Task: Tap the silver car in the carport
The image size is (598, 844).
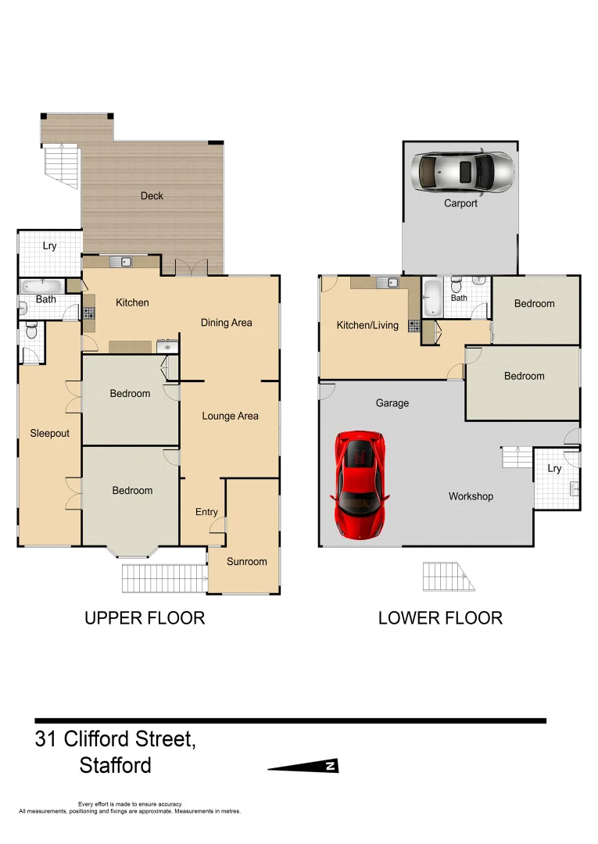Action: coord(466,170)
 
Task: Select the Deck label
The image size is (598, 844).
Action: coord(152,196)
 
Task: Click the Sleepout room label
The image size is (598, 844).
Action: coord(50,433)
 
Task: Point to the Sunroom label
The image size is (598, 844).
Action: coord(246,561)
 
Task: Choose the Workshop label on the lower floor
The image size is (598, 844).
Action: coord(471,496)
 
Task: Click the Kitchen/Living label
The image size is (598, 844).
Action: coord(367,325)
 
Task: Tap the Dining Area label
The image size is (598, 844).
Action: coord(226,322)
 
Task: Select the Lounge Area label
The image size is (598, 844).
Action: coord(230,416)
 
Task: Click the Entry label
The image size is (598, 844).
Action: coord(206,512)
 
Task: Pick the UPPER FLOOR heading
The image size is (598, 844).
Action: coord(145,618)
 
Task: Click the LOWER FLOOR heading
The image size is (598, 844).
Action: coord(440,618)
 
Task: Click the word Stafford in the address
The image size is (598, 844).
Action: coord(116,765)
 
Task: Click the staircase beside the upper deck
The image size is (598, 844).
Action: coord(62,166)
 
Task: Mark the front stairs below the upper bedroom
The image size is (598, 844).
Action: coord(163,578)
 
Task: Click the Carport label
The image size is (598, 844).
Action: coord(460,203)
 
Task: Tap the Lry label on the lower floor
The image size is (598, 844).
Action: coord(554,469)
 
